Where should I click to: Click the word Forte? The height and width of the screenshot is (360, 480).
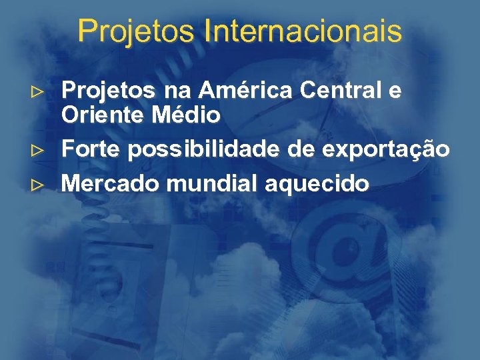point(90,150)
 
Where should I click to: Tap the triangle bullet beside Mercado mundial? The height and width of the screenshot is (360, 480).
point(39,183)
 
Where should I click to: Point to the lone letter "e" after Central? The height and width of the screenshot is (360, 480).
point(395,92)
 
